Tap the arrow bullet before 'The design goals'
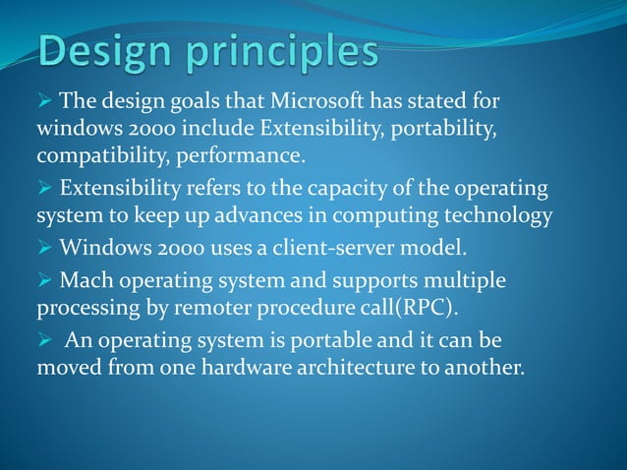pyautogui.click(x=45, y=100)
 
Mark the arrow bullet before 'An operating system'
pyautogui.click(x=45, y=341)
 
